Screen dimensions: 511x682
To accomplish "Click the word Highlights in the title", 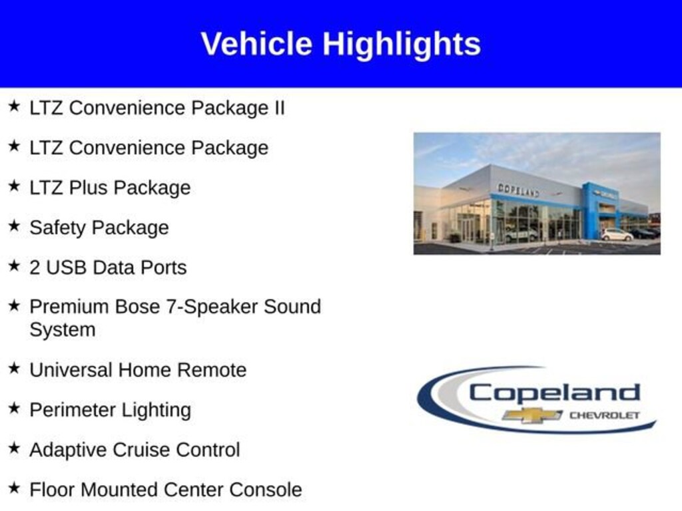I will (402, 45).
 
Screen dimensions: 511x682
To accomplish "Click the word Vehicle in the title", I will (256, 44).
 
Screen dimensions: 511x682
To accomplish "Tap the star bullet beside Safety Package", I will (14, 226).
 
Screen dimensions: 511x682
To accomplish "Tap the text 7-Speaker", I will (212, 307).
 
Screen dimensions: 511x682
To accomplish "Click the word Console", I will (265, 490).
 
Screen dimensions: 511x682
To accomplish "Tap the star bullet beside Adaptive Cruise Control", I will (14, 448).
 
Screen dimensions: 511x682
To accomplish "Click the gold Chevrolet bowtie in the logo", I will (532, 415).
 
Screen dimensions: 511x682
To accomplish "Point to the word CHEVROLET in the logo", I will (604, 415).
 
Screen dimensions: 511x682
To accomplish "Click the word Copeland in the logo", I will (554, 393).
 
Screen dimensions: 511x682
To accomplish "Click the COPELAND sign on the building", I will (518, 190).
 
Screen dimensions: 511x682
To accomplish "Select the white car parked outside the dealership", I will (616, 234).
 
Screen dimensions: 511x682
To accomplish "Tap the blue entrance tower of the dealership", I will (591, 210).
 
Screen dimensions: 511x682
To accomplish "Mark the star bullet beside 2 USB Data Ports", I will (14, 266).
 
